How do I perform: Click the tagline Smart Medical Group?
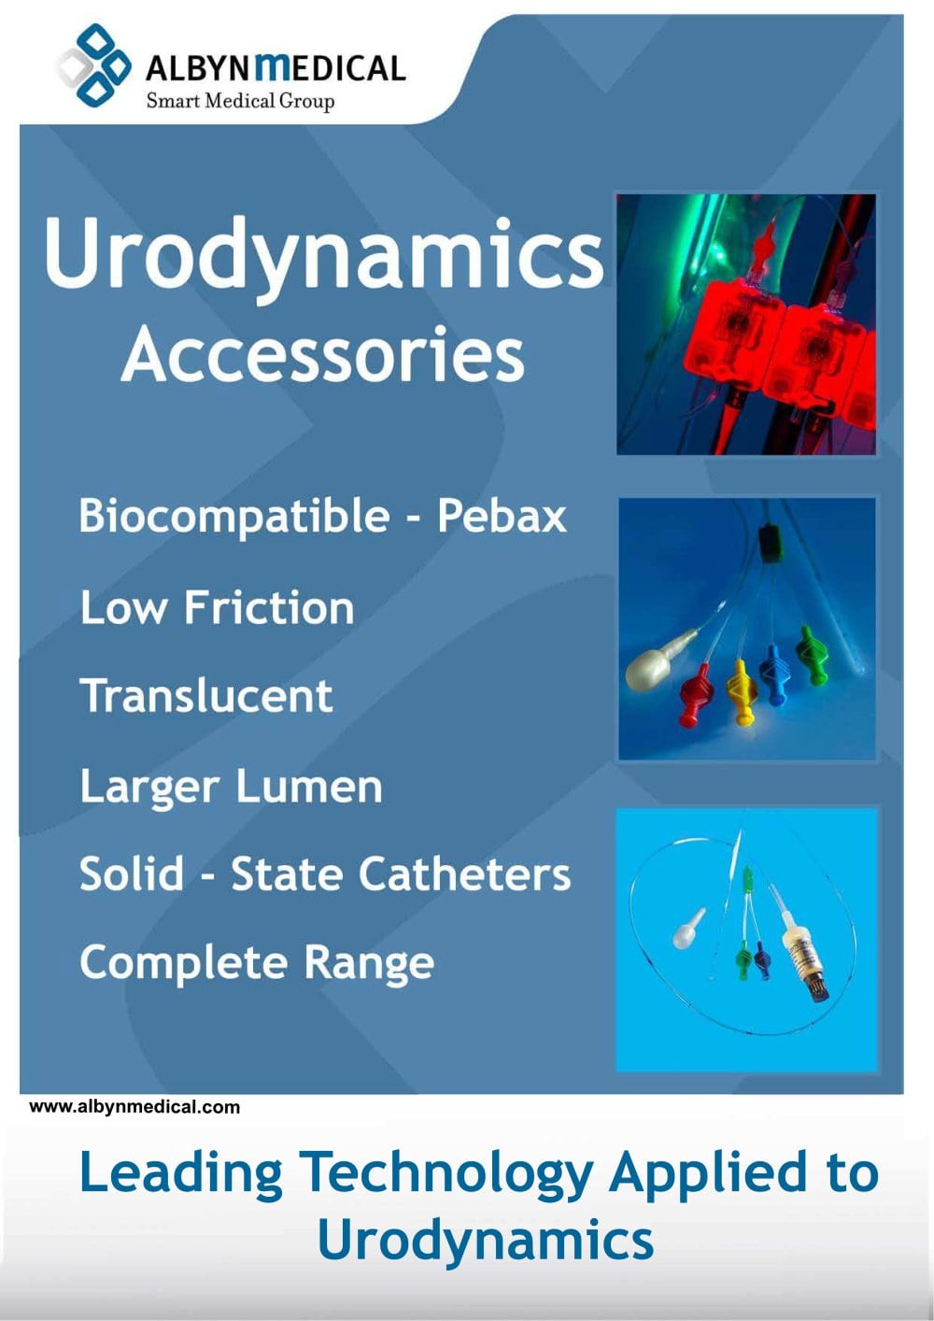(241, 101)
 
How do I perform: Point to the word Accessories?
(323, 356)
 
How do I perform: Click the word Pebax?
(502, 516)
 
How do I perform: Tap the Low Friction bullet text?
(217, 607)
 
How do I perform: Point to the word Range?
(369, 963)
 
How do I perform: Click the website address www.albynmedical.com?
(134, 1107)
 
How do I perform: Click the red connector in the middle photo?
(695, 695)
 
